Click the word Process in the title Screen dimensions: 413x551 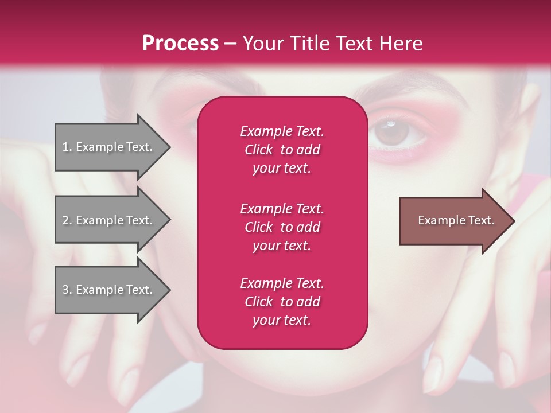(180, 44)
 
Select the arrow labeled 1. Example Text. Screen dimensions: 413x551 (109, 147)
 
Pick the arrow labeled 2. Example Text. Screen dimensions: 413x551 (109, 220)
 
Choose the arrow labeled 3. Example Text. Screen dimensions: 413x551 (109, 290)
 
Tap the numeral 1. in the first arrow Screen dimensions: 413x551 (67, 147)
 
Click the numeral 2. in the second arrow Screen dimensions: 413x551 (67, 220)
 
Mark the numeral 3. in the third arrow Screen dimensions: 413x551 (67, 290)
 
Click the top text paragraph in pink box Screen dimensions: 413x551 (282, 150)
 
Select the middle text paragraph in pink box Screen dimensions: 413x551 (282, 227)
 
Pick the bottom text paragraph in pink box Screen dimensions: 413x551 (282, 302)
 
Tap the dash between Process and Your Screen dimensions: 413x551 (231, 44)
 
